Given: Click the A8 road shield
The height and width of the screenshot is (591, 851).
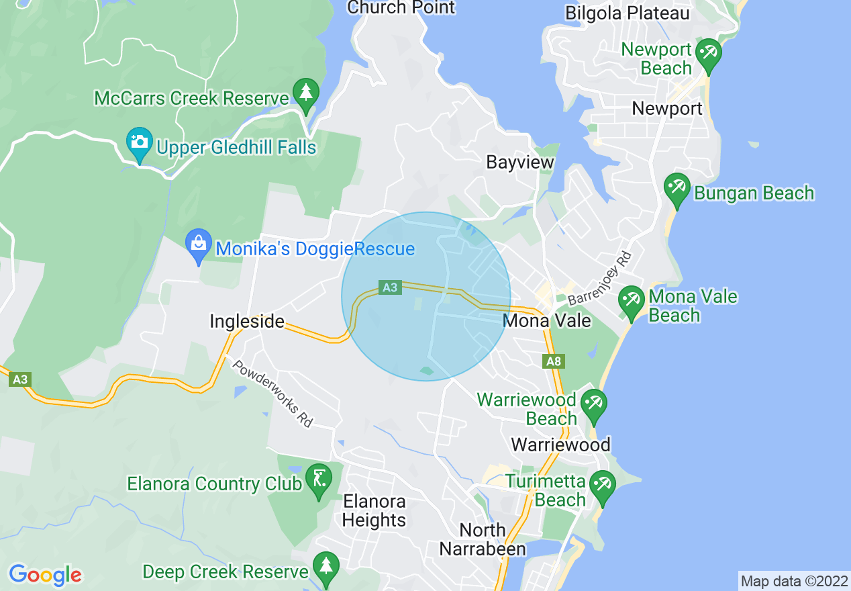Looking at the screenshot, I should (553, 362).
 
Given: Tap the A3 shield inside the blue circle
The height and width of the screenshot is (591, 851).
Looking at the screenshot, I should (389, 287).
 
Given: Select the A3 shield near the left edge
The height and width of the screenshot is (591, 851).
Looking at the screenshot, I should (20, 379).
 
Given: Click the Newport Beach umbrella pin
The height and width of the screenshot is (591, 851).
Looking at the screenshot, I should (708, 53).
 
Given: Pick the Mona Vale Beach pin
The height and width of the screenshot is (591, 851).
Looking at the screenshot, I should (632, 300).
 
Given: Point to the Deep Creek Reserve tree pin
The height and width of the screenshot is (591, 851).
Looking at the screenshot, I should (326, 566).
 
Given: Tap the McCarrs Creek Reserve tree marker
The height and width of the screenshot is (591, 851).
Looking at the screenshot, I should (306, 93).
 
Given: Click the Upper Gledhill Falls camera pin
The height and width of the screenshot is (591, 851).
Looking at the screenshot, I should (140, 143).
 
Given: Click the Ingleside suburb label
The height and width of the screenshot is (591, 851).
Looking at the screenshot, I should (246, 322).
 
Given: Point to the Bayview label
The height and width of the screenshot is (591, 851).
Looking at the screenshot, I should (520, 163).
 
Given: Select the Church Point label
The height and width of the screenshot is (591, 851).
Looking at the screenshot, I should (401, 8).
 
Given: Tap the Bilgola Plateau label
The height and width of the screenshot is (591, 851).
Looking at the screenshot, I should (628, 13).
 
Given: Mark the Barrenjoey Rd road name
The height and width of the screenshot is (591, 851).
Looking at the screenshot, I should (599, 278).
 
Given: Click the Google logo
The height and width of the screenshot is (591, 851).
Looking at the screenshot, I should (45, 575).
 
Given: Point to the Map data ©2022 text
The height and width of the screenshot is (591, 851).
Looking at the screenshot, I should (793, 580).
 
